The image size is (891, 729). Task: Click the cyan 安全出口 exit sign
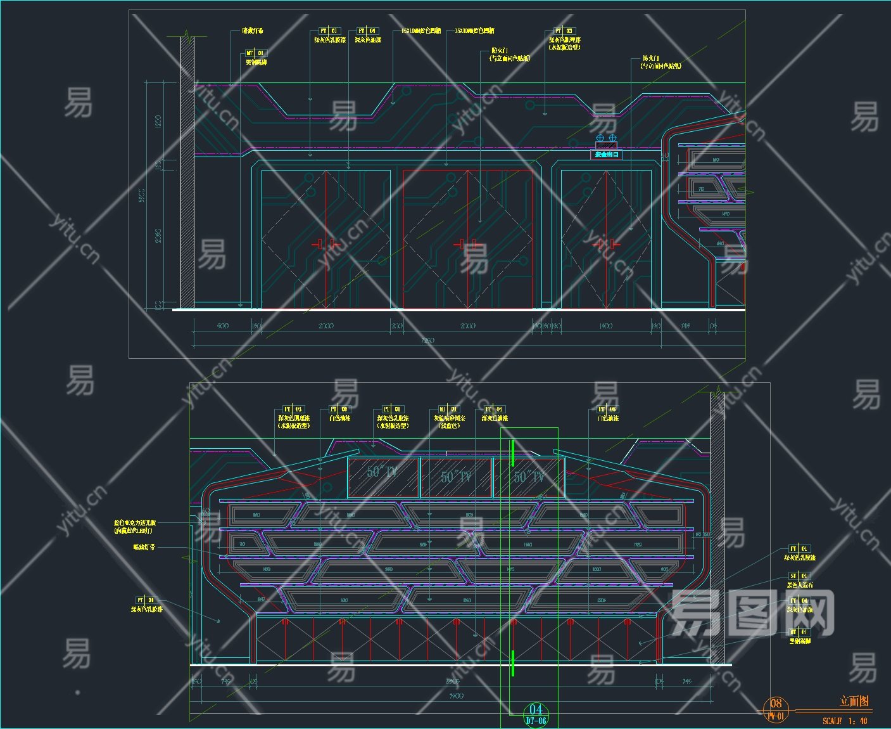[606, 155]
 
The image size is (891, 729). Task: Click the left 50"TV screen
[382, 477]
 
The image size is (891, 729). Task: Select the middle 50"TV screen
[456, 477]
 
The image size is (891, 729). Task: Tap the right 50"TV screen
[528, 477]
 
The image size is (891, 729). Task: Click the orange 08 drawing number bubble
[776, 704]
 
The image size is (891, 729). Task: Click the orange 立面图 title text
[854, 701]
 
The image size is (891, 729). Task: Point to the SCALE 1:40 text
[845, 721]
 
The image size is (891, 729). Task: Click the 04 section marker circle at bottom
[536, 710]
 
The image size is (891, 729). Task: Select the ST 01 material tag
[799, 576]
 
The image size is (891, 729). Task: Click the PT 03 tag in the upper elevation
[564, 30]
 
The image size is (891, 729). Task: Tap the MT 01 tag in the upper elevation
[256, 53]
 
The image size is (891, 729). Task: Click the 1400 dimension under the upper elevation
[605, 326]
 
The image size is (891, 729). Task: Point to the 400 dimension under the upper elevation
[222, 326]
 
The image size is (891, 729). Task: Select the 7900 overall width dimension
[456, 696]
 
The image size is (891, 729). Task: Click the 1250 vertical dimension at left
[158, 120]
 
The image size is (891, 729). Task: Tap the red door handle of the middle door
[468, 244]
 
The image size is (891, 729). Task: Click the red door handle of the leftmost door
[326, 244]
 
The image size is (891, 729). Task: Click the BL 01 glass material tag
[448, 410]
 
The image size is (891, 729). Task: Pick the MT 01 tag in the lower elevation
[799, 632]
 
